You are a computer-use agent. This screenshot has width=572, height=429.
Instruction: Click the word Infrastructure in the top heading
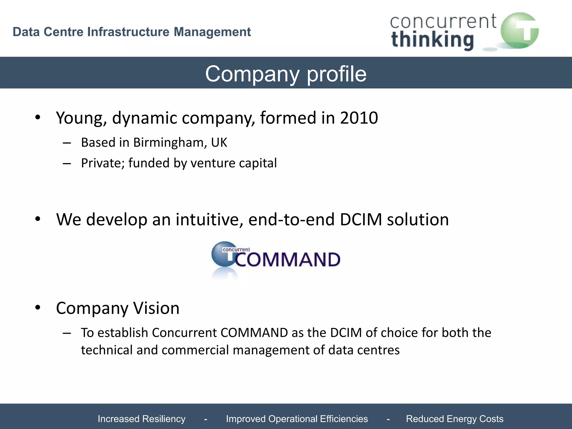point(128,32)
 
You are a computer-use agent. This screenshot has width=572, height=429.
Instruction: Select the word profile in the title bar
point(337,74)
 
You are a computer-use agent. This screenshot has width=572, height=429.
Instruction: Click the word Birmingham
point(170,143)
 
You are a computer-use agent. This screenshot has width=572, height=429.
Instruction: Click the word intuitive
point(209,219)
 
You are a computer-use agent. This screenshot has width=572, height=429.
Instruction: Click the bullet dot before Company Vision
point(38,308)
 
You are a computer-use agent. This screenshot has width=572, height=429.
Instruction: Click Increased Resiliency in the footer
point(141,419)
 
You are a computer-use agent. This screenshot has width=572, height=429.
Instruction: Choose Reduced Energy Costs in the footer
point(454,419)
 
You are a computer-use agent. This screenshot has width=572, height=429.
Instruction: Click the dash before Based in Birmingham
point(67,143)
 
